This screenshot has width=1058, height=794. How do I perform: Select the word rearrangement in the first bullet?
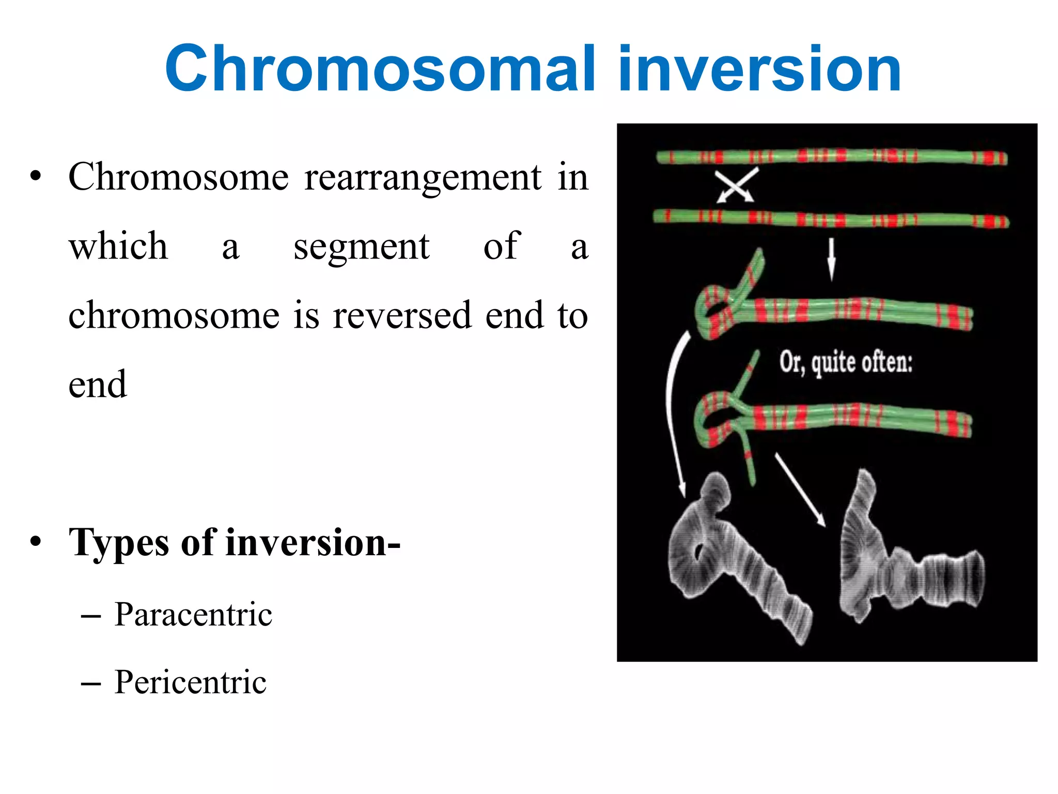(x=423, y=177)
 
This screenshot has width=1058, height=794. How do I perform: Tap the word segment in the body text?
(x=362, y=247)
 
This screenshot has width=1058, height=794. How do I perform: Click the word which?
(x=118, y=246)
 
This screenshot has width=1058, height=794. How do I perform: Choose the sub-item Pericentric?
(x=190, y=682)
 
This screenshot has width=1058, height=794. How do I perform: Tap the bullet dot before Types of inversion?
(x=35, y=542)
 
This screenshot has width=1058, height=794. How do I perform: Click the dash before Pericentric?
(x=91, y=683)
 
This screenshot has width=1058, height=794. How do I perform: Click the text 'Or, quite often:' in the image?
(x=846, y=362)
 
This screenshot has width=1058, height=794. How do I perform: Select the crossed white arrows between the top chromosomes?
(x=736, y=185)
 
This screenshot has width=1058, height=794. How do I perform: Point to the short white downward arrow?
(x=831, y=258)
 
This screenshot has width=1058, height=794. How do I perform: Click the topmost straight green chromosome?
(x=832, y=156)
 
